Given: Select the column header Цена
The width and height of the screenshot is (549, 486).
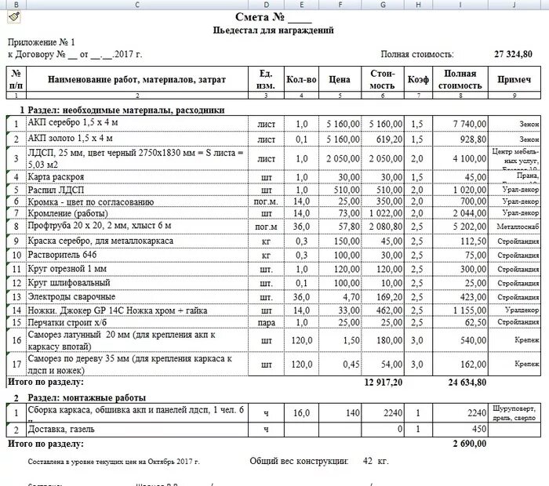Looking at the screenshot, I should click(x=339, y=79).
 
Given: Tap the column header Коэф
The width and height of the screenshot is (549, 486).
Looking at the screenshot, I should click(x=417, y=79).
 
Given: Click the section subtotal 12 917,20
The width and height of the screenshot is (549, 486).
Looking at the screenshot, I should click(x=384, y=382).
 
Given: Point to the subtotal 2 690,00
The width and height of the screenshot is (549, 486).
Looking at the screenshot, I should click(x=470, y=443).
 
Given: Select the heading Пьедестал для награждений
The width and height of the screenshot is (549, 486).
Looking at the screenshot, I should click(x=273, y=31).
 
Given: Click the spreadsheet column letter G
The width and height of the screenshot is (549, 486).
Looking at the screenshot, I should click(x=383, y=5).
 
